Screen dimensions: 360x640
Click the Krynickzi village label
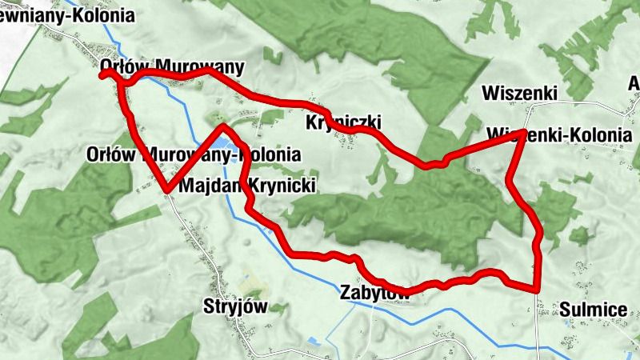tap(344, 122)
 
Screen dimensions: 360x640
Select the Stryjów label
tap(234, 307)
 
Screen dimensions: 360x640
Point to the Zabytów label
tap(375, 292)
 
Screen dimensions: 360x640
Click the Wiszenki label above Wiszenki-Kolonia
tap(519, 93)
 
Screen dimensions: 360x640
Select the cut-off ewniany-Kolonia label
tap(55, 14)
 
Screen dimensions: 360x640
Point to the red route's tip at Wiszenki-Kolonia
tap(523, 131)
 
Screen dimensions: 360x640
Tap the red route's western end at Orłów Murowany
tap(102, 74)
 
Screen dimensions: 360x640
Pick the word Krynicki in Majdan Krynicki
tap(279, 186)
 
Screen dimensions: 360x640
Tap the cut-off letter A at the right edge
tap(634, 84)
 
